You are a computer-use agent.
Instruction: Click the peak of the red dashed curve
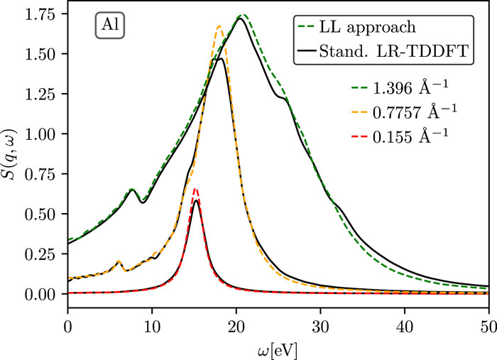click(195, 189)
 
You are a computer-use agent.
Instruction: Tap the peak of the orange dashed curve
click(219, 26)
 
